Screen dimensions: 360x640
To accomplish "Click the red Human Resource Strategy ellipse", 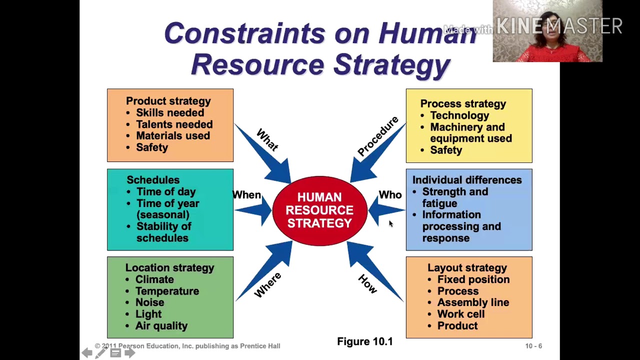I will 319,210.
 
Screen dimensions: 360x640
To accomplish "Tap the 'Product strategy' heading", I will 168,101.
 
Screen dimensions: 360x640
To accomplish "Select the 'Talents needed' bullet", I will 174,124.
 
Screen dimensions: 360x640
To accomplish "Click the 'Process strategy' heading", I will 463,104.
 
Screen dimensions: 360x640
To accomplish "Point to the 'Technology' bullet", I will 459,115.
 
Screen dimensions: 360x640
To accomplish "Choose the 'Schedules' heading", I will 153,180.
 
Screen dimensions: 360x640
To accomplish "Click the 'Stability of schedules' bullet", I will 163,232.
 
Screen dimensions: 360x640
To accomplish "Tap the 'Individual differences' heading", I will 466,180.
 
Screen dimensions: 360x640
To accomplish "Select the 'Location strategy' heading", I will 169,268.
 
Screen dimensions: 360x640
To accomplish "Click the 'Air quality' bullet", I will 161,326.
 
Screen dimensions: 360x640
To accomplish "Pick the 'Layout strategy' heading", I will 467,268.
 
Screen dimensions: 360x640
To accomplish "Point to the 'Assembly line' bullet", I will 473,302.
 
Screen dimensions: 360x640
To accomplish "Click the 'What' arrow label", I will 267,140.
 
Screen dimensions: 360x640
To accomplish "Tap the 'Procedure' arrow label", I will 378,136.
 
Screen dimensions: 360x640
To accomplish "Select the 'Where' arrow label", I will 268,285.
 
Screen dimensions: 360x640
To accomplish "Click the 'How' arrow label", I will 368,284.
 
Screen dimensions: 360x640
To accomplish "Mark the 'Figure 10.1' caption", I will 365,341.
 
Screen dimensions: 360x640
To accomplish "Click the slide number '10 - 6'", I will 533,346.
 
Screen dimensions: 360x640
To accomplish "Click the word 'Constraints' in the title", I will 244,34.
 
